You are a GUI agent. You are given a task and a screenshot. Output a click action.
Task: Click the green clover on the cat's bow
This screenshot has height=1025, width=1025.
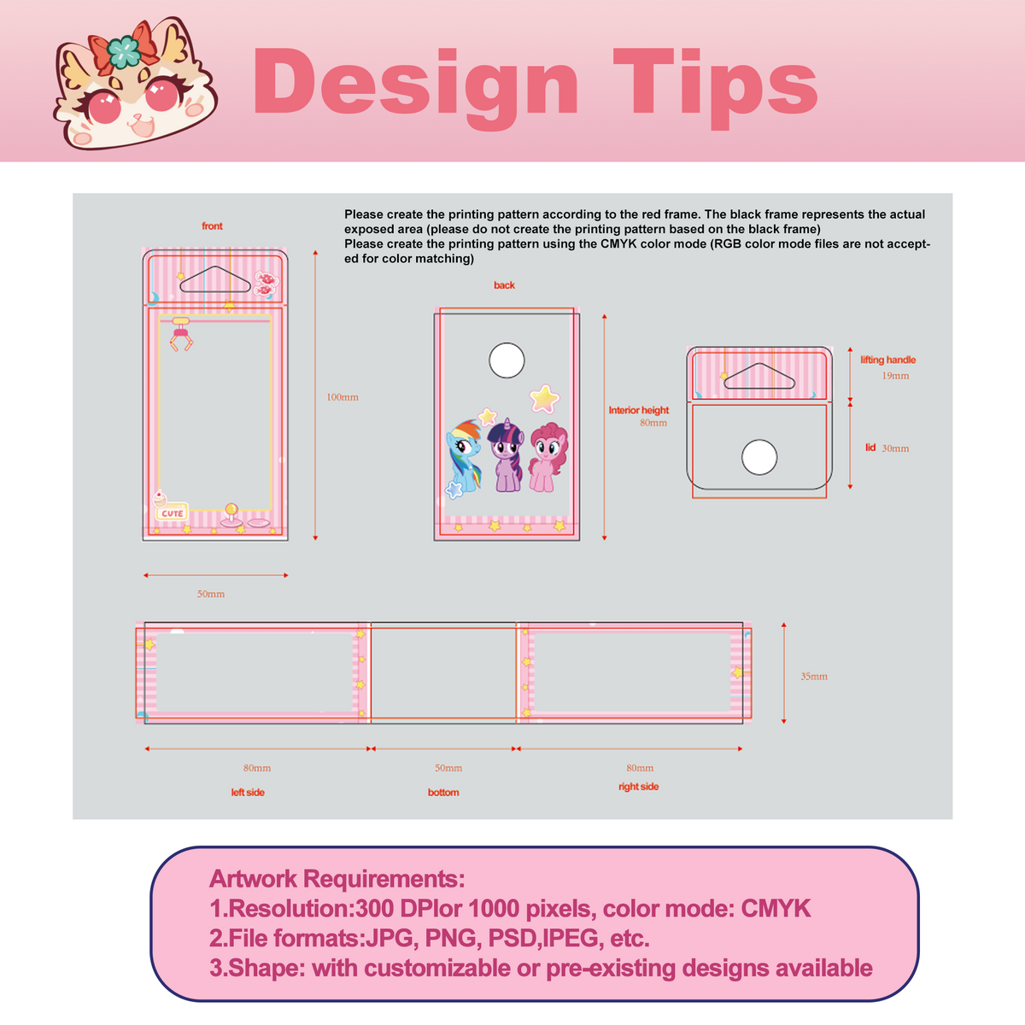click(x=123, y=51)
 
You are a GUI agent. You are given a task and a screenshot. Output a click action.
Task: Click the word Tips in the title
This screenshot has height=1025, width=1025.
click(x=716, y=87)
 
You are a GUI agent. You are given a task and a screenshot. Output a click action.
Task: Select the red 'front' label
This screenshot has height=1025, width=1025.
click(x=212, y=226)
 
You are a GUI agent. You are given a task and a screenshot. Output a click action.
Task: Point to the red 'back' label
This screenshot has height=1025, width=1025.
click(x=504, y=285)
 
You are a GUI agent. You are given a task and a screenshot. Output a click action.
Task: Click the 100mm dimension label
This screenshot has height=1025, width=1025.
click(x=343, y=397)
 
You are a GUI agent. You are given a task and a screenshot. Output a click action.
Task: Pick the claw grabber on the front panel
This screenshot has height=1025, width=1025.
click(x=181, y=334)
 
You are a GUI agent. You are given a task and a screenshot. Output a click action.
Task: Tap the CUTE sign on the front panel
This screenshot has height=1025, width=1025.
click(x=172, y=512)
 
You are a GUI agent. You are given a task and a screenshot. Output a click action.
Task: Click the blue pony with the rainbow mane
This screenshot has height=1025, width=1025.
click(x=464, y=455)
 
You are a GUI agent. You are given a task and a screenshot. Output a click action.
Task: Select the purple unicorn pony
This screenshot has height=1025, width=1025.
click(x=506, y=455)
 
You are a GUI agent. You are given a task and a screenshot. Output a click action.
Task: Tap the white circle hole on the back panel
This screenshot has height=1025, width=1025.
click(x=507, y=360)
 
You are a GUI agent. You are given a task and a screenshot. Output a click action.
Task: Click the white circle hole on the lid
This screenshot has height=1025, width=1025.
click(x=759, y=457)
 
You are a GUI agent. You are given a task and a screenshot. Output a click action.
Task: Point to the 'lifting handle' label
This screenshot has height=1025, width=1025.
click(x=888, y=360)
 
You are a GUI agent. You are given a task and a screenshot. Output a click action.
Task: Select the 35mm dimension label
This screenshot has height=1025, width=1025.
click(x=814, y=676)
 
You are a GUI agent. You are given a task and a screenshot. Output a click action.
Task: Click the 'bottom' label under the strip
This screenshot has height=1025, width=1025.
click(x=443, y=793)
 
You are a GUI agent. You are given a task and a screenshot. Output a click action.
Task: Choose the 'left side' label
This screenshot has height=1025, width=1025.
click(x=248, y=793)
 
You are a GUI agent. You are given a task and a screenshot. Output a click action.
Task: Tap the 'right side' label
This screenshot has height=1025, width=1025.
click(x=639, y=787)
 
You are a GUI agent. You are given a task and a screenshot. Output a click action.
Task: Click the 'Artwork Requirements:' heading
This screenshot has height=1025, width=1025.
click(x=337, y=879)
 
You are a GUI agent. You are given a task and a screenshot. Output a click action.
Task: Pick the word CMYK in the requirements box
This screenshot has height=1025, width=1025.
click(x=776, y=909)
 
